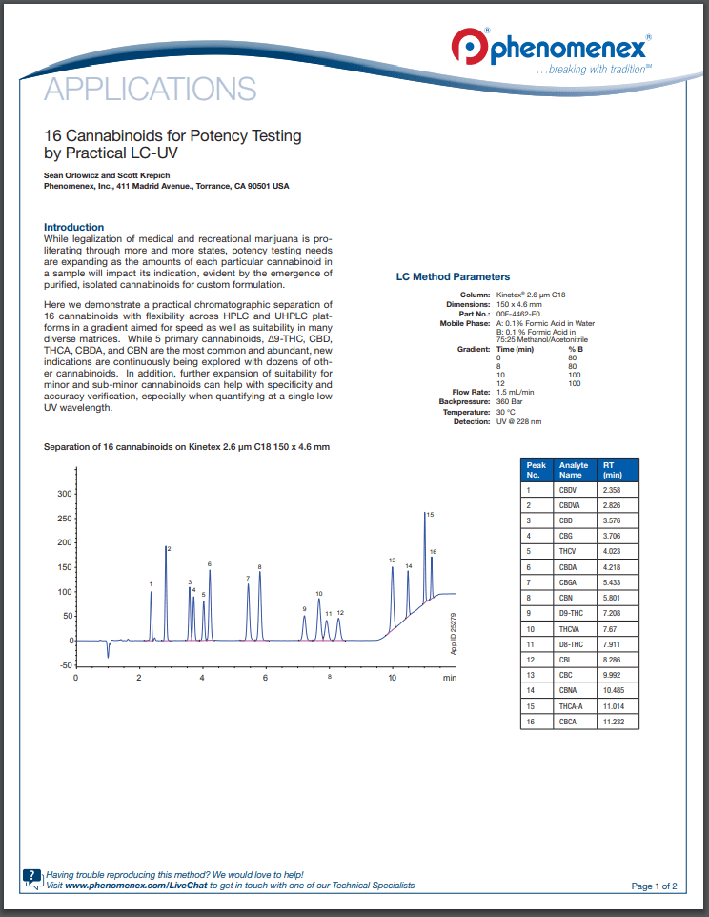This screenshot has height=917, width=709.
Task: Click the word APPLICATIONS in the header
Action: coord(150,90)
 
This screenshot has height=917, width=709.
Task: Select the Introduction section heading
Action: coord(74,227)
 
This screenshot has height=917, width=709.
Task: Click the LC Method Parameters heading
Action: coord(453,277)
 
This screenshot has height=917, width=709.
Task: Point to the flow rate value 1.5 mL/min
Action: coord(515,392)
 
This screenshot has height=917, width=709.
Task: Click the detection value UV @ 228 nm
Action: coord(518,421)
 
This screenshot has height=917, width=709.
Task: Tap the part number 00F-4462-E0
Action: coord(517,314)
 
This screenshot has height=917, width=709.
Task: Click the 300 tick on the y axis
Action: coord(65,494)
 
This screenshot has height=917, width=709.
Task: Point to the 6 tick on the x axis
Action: coord(265,678)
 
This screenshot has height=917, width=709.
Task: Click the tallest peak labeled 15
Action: coord(424,515)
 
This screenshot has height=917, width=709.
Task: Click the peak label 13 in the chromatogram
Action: coord(392,560)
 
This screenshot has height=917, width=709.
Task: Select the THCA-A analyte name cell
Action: coord(574,706)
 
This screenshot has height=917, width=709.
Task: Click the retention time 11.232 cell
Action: coord(617,722)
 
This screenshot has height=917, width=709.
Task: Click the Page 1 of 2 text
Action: coord(654,886)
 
